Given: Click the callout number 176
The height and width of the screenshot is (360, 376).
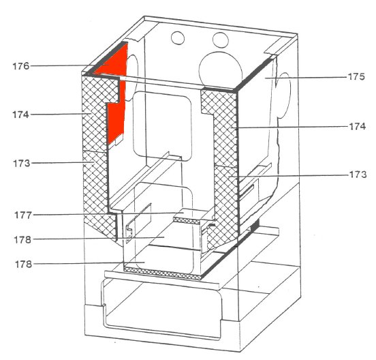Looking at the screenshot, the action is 21,66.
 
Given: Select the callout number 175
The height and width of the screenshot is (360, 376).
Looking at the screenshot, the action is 356,76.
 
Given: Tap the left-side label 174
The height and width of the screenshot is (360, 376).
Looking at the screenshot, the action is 20,115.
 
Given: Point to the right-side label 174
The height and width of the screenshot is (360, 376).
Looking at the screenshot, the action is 358,126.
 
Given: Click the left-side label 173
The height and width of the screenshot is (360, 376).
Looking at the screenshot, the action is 22,163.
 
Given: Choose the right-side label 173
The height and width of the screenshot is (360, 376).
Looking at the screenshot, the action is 358,175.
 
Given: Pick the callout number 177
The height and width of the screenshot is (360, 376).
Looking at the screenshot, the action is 23,215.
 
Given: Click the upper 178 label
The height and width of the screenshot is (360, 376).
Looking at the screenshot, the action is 22,239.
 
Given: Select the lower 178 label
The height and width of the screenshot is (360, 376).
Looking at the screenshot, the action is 23,265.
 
